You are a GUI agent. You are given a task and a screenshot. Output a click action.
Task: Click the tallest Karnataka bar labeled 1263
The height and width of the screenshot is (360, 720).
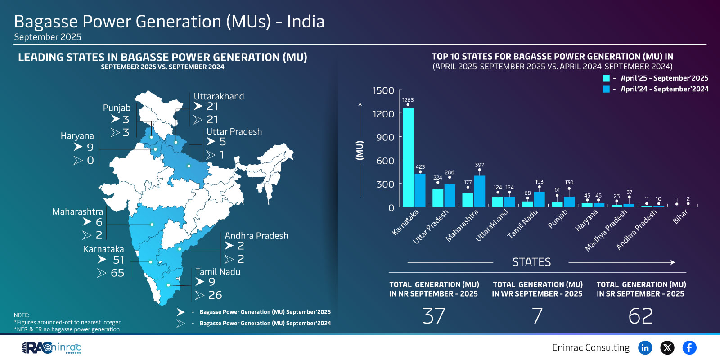point(408,157)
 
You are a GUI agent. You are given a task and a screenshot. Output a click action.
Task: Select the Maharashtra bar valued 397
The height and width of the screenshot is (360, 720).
point(480,191)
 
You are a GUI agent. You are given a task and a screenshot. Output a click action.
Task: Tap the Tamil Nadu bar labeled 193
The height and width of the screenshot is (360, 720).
point(539,199)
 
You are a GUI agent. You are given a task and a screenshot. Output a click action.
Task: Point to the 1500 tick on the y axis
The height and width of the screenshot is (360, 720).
point(383,91)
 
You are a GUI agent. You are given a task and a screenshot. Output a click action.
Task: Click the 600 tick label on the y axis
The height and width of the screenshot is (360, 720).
point(385,161)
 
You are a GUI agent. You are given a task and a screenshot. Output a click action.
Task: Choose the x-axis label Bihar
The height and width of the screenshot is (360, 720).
point(680,217)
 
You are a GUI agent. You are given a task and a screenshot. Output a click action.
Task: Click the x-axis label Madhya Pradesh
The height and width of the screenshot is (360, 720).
point(606,230)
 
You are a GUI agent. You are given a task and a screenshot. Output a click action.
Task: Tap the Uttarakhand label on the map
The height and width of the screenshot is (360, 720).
point(219,96)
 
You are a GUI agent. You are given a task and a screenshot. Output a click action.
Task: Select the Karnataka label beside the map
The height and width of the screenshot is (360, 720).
point(103,249)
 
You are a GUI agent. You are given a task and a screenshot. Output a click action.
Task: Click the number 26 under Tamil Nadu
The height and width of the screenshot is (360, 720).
point(215,295)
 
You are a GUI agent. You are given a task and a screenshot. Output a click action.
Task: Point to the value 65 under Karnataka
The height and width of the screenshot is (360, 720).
point(117,273)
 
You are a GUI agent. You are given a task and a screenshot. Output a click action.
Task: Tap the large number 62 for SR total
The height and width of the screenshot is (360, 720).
point(640,316)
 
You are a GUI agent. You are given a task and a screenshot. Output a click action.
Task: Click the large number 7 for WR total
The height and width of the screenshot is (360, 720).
point(537,316)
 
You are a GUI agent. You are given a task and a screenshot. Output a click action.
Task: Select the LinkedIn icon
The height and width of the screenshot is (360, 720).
point(645,347)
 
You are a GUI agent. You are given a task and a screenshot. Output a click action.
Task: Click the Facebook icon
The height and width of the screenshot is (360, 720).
point(689,347)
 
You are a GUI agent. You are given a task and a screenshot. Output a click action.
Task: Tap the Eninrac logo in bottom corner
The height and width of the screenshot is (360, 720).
point(52,348)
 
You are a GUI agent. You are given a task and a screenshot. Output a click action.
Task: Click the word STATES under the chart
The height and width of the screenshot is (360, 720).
point(531,262)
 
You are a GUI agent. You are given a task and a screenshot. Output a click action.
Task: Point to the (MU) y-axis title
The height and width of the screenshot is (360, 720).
point(360,150)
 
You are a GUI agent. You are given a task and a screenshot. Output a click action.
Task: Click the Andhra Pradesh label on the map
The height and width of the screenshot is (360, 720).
point(256,236)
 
